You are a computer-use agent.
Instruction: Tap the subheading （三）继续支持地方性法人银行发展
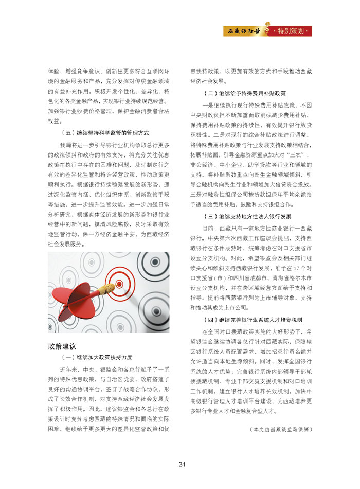tap(247, 216)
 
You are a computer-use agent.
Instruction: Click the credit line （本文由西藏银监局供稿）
tap(280, 428)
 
